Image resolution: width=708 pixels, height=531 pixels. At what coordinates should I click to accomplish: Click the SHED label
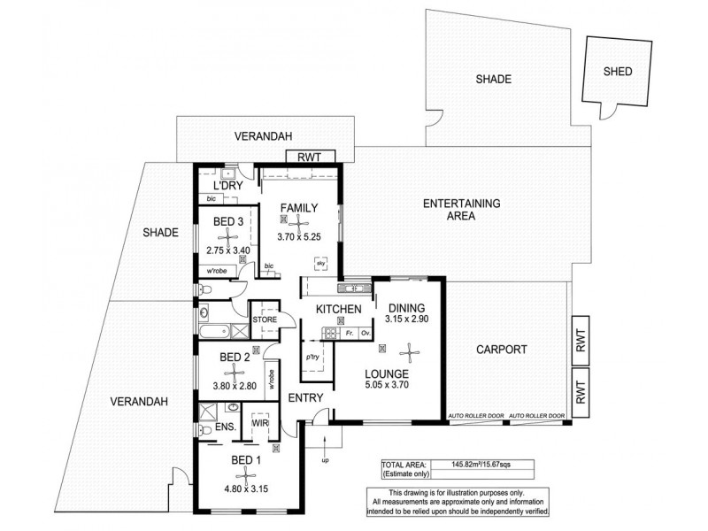617,72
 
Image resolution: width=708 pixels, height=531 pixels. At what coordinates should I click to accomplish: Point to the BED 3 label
228,220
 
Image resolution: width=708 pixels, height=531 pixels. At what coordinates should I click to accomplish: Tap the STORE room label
265,319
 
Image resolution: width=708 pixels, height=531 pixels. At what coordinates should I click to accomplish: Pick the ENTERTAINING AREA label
462,209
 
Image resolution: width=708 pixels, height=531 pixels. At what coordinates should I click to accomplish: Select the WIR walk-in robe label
259,425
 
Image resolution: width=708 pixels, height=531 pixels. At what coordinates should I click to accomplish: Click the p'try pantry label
312,357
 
